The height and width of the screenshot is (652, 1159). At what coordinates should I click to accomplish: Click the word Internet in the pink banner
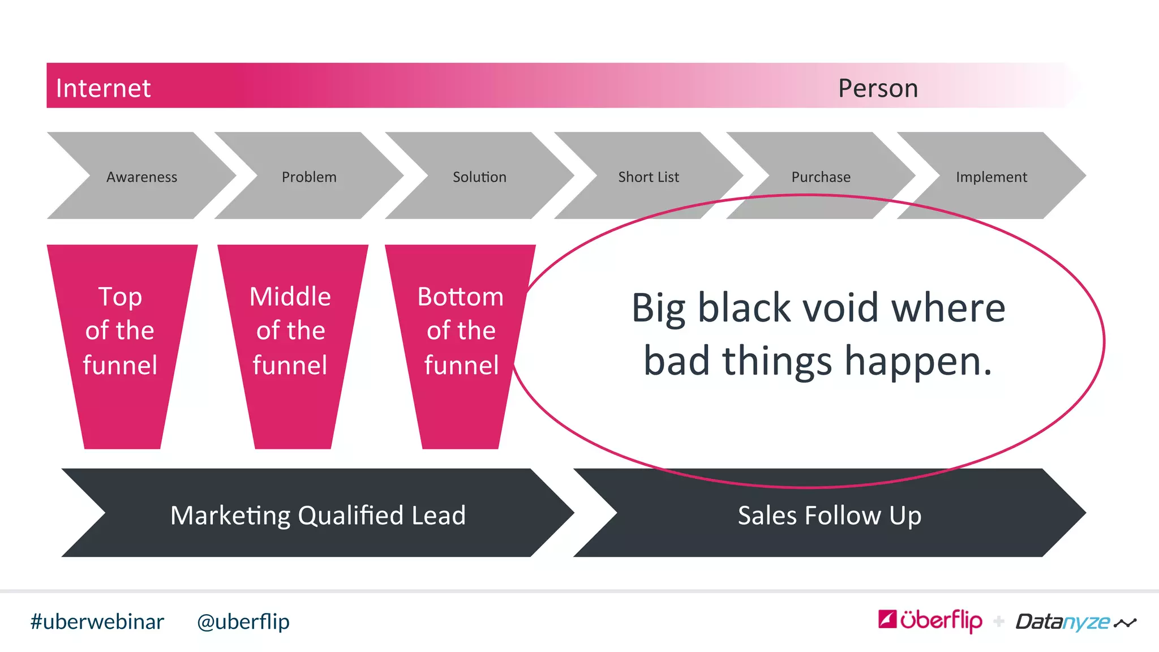(103, 88)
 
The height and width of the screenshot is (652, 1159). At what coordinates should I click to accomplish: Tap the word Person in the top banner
(878, 88)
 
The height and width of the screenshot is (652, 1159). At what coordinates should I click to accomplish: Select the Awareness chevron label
(141, 177)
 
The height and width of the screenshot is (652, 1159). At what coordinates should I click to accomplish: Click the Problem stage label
(309, 177)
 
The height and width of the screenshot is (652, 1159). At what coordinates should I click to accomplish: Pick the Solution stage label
(479, 177)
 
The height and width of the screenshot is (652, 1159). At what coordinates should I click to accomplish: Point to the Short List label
(649, 177)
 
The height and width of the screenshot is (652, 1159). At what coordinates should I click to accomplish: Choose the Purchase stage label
(821, 177)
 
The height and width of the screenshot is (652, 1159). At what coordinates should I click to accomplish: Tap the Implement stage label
(991, 177)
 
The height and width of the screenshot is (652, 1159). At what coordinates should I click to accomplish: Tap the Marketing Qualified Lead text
(318, 516)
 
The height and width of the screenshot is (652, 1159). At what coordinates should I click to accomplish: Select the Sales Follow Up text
(830, 516)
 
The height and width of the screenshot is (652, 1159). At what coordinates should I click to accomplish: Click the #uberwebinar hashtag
(97, 622)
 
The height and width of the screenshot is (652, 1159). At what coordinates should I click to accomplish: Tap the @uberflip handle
(243, 622)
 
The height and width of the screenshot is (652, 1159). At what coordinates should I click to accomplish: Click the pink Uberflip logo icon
(887, 619)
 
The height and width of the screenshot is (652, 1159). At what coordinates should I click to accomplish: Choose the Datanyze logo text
(1063, 622)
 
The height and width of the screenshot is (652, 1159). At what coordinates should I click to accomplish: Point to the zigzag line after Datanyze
(1125, 623)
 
